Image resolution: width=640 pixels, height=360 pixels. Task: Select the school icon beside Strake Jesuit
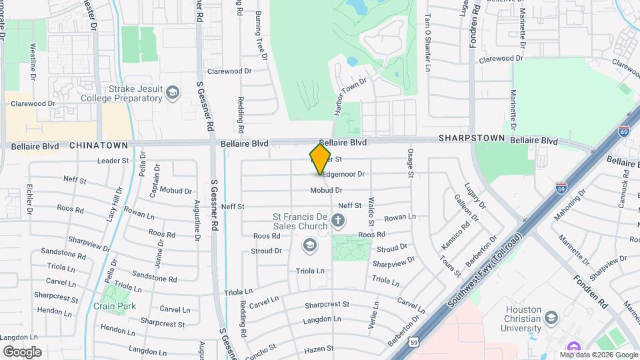pos(173,93)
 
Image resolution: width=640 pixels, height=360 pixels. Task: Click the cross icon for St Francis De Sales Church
pos(339,220)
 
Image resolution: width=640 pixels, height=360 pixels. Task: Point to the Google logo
pos(22,352)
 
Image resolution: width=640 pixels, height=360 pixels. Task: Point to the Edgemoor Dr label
pos(344,174)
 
